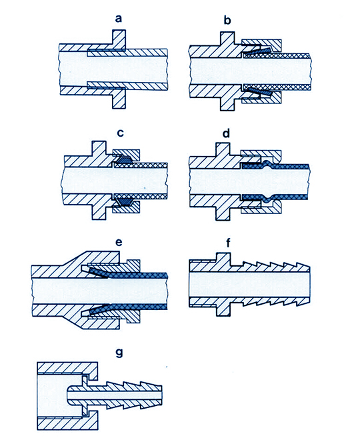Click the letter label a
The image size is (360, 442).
tap(119, 19)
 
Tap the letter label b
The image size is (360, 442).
tap(227, 20)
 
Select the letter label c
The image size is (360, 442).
tap(121, 133)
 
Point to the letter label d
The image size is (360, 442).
tap(226, 133)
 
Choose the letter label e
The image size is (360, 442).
tap(119, 242)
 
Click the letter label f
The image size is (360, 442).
tap(229, 242)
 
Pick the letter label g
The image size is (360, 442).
tap(119, 353)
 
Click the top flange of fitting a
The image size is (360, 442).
tap(119, 39)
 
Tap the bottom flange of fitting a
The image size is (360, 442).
tap(119, 99)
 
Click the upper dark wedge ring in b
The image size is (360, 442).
tap(257, 51)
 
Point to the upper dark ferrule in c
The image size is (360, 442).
tap(123, 159)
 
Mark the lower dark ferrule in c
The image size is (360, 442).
tap(123, 201)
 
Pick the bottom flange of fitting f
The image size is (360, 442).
tap(223, 311)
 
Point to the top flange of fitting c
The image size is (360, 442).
tap(99, 148)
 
